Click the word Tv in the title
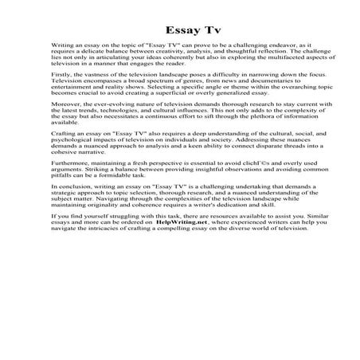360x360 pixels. tap(201, 30)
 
